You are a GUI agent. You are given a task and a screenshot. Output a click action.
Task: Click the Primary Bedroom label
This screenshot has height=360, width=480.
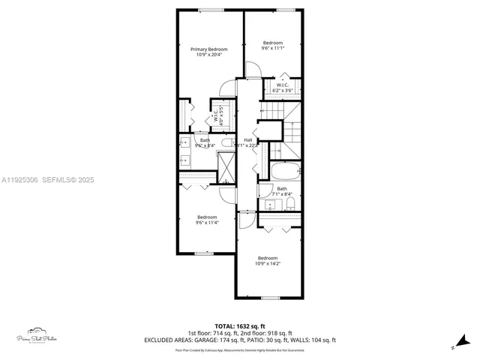pos(211,49)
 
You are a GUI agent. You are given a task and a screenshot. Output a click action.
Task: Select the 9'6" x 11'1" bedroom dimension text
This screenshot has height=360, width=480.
pos(272,49)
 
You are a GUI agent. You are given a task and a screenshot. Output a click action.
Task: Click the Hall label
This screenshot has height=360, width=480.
pos(247,139)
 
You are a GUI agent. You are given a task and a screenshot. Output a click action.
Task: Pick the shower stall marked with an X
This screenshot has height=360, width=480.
pos(225,166)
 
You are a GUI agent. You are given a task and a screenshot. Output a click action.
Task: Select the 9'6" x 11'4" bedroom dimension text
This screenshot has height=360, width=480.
pos(207,222)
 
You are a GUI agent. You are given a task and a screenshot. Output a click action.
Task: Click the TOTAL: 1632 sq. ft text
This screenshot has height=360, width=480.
pos(240,326)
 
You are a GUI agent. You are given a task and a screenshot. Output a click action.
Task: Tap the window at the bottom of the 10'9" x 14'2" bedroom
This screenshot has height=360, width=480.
pos(271,298)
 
